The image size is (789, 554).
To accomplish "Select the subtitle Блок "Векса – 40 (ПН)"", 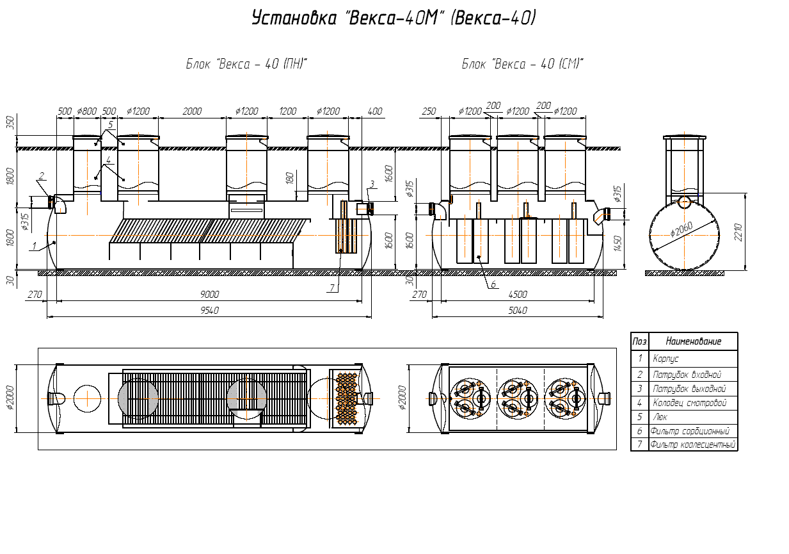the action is coord(246,64).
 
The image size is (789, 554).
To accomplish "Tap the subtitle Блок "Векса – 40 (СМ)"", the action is coord(522,64).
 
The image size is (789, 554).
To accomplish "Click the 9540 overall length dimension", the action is coord(210,311).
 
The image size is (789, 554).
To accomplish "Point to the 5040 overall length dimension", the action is coord(518,311).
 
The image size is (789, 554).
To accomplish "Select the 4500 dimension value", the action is coord(518,295).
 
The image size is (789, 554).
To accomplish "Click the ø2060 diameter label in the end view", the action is coord(681,229).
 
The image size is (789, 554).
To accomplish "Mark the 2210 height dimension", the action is coord(738,232).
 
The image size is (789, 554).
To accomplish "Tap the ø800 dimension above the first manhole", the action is coord(87,111).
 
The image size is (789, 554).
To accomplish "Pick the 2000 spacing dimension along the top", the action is coord(192,111).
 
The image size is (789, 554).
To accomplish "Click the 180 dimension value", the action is coord(289,178).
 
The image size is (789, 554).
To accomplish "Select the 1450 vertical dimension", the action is coord(618,243).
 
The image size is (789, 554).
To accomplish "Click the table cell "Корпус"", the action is coord(665,359).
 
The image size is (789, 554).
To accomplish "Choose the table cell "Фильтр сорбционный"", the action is coord(690,431).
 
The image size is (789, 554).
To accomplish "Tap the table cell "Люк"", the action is coord(660,417).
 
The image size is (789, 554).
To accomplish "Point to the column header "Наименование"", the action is coord(693,341).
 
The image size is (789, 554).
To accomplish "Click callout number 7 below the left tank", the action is coord(332,288).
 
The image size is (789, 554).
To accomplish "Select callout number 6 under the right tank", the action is coord(493,284).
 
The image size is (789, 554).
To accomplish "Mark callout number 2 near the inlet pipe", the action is coord(42,175).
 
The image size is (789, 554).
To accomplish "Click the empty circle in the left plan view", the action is coord(87,398).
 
